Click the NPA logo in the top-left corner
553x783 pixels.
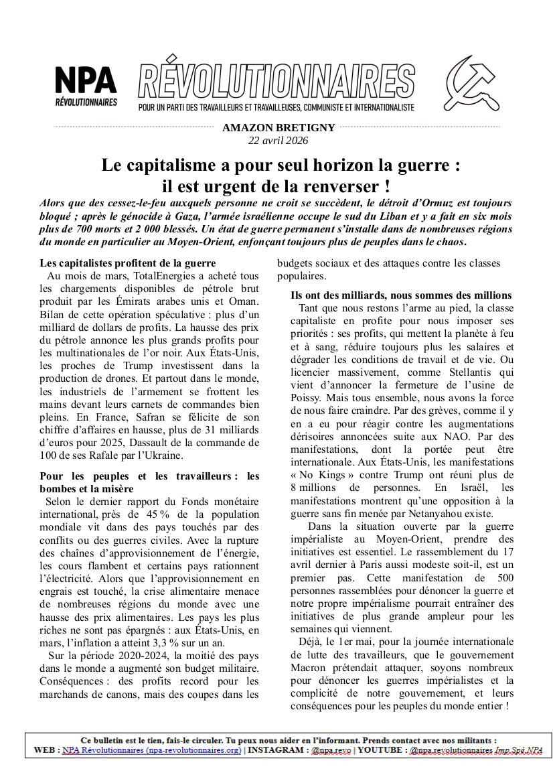click(86, 86)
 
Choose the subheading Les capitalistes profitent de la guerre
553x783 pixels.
click(127, 263)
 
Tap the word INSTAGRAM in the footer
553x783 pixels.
click(276, 750)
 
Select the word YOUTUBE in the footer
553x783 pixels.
click(380, 750)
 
